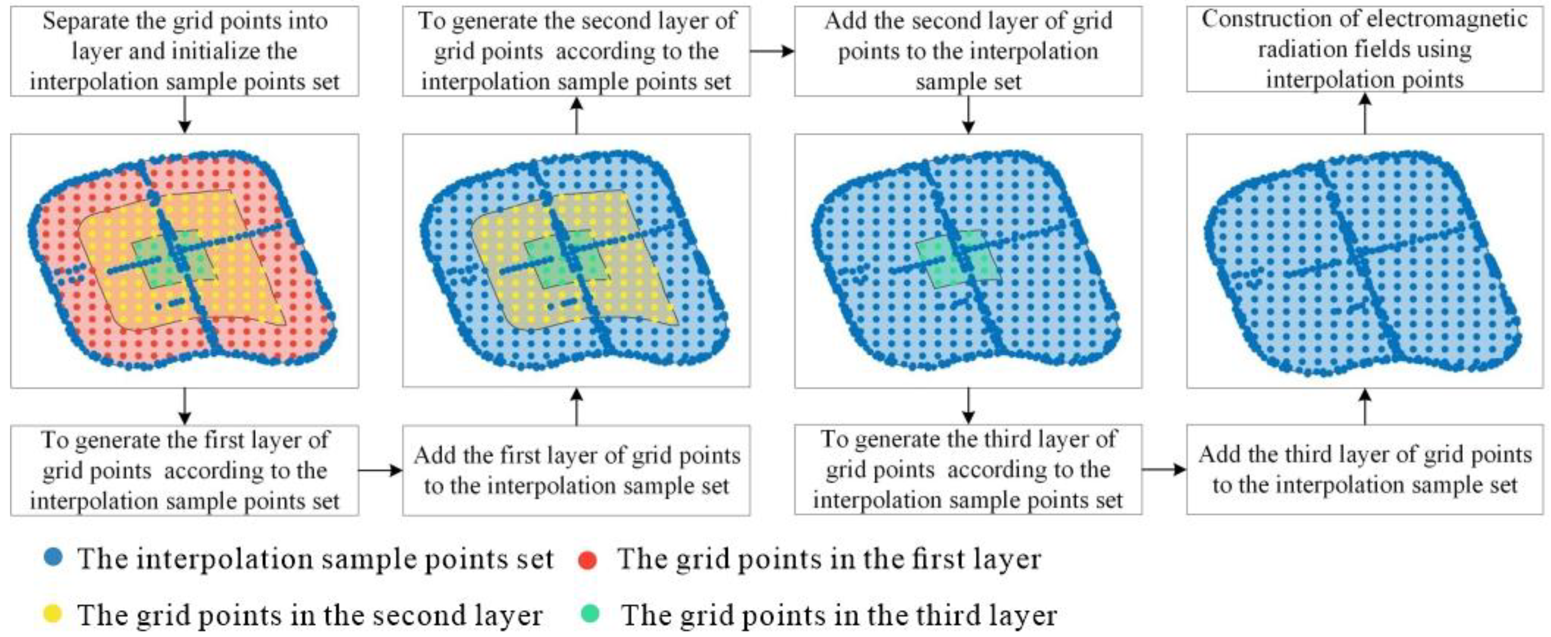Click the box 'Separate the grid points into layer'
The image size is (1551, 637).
click(x=184, y=51)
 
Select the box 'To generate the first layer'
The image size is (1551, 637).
click(x=184, y=470)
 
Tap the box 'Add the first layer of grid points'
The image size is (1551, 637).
click(x=576, y=470)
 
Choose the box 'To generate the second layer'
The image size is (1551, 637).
click(x=576, y=51)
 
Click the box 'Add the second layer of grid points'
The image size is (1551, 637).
click(x=968, y=51)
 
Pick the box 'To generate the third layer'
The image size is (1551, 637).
click(x=968, y=470)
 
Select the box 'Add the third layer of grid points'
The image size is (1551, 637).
click(x=1364, y=470)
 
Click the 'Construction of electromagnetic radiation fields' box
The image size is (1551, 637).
click(x=1364, y=49)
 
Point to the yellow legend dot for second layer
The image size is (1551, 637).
click(x=53, y=614)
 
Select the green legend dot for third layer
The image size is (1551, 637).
click(x=592, y=614)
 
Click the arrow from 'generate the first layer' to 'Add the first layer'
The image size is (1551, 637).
click(x=381, y=470)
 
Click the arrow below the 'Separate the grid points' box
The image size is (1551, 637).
click(x=185, y=114)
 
